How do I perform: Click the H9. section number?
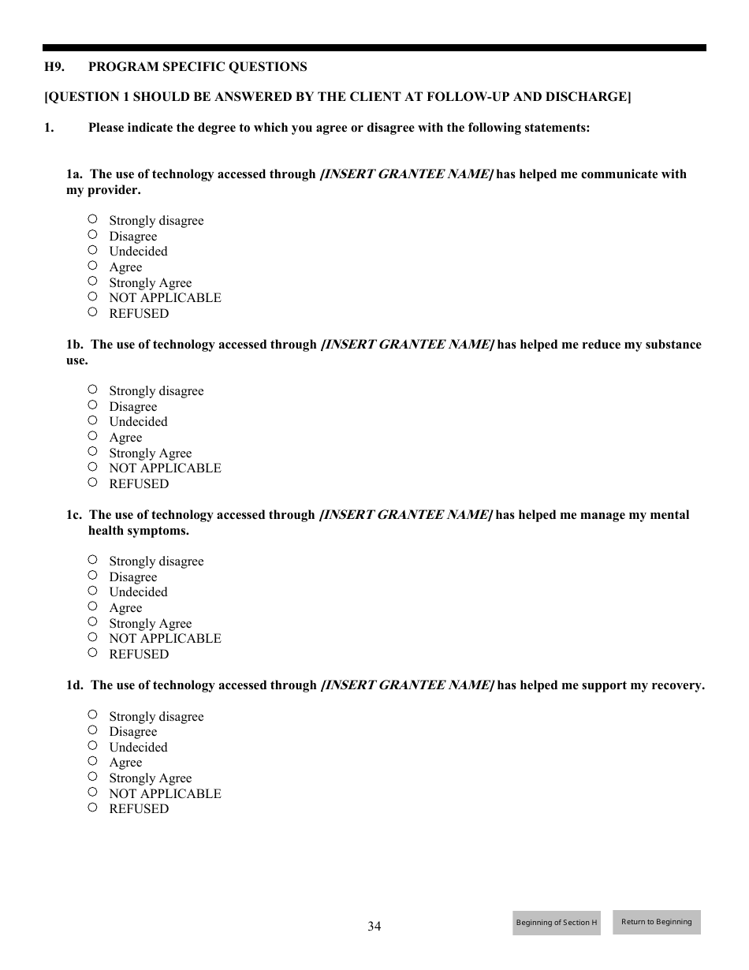(54, 67)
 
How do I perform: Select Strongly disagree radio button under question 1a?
(92, 219)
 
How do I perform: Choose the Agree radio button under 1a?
(92, 266)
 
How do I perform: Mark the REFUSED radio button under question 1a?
(92, 312)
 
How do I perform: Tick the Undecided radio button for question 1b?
(92, 420)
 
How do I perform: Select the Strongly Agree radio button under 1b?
(92, 452)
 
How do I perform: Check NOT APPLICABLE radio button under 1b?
(92, 467)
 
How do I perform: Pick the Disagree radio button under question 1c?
(92, 576)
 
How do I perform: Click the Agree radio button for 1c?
(92, 606)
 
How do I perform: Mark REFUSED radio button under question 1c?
(92, 653)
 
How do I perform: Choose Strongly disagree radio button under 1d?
(92, 714)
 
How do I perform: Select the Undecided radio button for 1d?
(92, 745)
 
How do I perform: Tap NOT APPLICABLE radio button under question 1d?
(92, 792)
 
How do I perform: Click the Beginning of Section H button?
(557, 923)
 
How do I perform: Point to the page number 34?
(374, 927)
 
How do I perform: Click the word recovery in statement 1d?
(677, 685)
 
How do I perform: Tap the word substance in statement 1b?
(673, 345)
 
